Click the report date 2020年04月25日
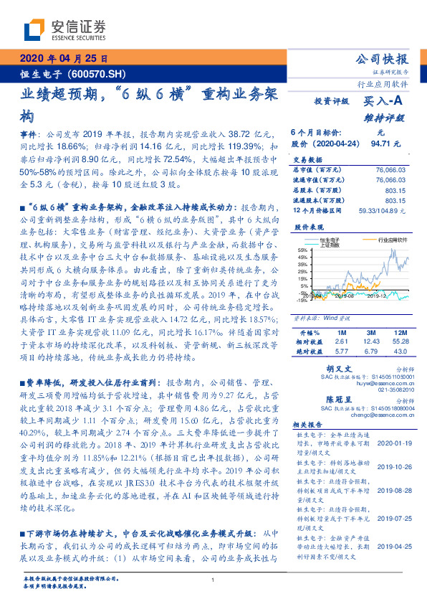click(x=63, y=59)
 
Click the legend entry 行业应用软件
click(x=393, y=241)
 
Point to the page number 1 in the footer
click(x=214, y=580)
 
